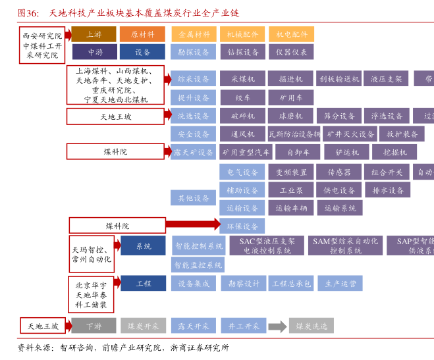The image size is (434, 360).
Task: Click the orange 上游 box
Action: (x=94, y=34)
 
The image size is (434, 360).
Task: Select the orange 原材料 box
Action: (x=142, y=34)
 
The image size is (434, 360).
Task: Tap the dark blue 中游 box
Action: (x=94, y=51)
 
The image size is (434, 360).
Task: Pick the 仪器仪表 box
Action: (x=291, y=51)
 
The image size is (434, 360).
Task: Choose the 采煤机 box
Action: (x=242, y=79)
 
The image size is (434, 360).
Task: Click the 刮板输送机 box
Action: (x=339, y=79)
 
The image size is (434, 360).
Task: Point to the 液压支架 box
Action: (x=386, y=79)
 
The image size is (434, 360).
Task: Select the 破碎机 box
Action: (x=242, y=116)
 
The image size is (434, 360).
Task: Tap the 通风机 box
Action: (x=242, y=134)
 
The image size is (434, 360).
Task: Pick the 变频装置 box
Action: (x=290, y=172)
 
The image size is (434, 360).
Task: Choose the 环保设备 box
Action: (x=242, y=226)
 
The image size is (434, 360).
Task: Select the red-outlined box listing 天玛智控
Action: (x=92, y=251)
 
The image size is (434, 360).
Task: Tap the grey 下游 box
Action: (x=94, y=326)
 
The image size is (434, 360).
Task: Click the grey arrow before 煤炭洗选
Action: (x=277, y=326)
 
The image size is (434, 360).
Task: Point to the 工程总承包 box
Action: (x=291, y=284)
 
